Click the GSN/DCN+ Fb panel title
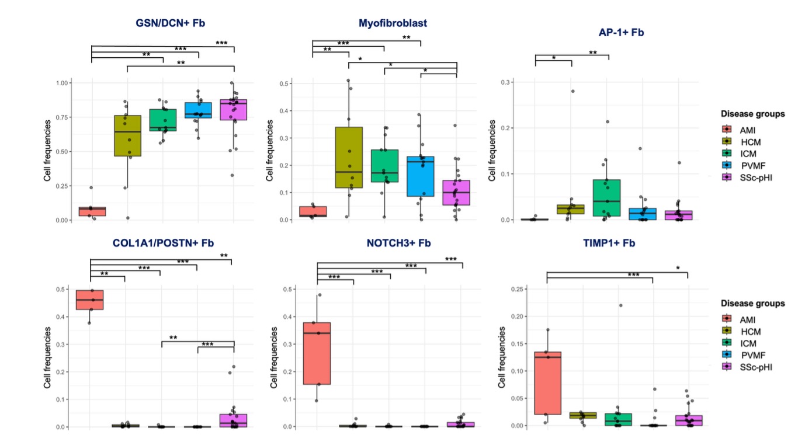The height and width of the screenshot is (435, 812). [x=166, y=23]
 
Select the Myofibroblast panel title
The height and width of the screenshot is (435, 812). [x=393, y=23]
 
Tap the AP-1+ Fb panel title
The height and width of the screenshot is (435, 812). [x=621, y=33]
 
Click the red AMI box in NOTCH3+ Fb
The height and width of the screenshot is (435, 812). [x=317, y=353]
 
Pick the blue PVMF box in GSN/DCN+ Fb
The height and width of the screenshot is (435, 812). [x=199, y=110]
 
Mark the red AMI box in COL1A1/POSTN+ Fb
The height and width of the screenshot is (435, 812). [x=90, y=300]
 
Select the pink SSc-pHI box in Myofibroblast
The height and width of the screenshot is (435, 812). [x=457, y=193]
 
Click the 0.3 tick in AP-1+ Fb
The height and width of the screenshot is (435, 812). [x=508, y=82]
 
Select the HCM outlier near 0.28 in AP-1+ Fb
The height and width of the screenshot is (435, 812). [x=572, y=91]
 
